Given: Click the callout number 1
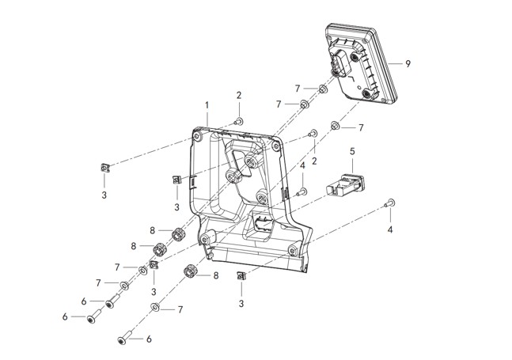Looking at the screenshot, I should tap(207, 104).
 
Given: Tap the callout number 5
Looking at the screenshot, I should tap(352, 150).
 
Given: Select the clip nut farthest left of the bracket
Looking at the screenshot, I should tap(104, 165).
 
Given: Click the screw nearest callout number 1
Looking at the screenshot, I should tap(238, 120).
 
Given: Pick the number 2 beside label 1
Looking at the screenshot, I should tap(238, 95).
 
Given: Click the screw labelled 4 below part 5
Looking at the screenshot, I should tap(302, 191).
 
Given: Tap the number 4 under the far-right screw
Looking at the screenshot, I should tap(390, 230).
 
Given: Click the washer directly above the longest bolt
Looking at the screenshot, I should tap(154, 305).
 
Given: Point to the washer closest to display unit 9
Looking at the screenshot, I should tap(323, 88).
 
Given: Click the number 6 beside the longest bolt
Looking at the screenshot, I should tap(148, 339).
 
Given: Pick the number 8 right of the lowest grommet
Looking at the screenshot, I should tap(215, 275).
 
